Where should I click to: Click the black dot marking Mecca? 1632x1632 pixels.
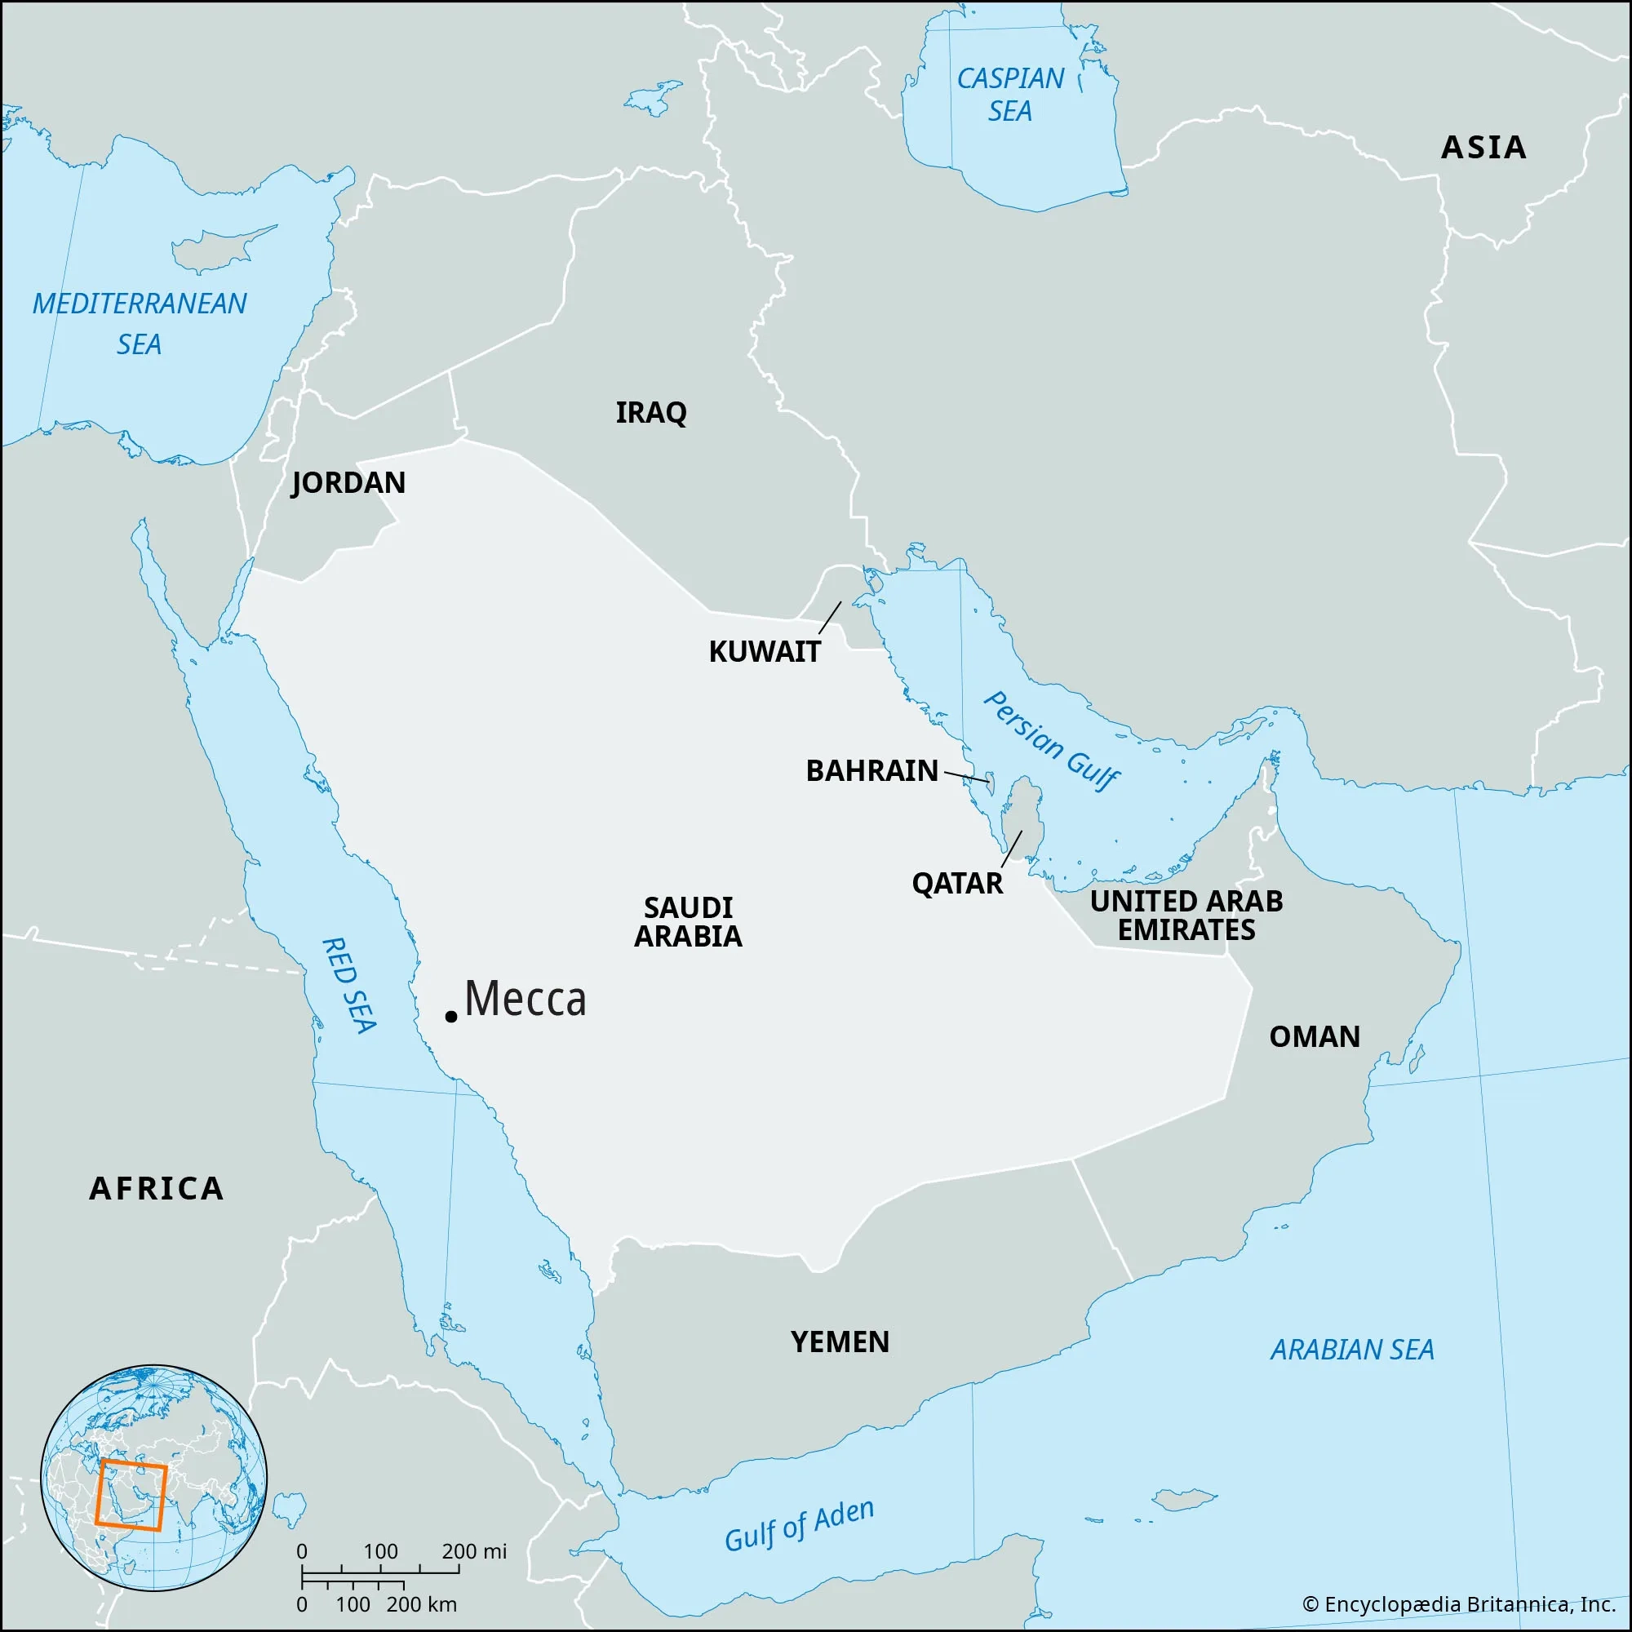(x=451, y=1017)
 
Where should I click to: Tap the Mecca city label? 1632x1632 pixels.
(x=526, y=1000)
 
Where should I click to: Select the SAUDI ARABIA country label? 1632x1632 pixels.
(x=688, y=922)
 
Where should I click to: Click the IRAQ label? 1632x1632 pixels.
(x=650, y=413)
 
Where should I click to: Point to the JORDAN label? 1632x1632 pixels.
(x=348, y=483)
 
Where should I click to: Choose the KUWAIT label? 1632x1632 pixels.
(x=765, y=652)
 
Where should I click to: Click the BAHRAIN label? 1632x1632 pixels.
(x=871, y=771)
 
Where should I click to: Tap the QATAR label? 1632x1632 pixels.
(x=957, y=885)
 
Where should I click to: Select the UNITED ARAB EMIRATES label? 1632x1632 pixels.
(x=1186, y=916)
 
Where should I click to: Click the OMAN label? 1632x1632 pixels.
(x=1315, y=1037)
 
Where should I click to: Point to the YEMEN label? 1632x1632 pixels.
(x=840, y=1342)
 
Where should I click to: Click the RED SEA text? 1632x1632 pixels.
(x=350, y=985)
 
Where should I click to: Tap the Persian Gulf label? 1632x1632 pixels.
(x=1052, y=741)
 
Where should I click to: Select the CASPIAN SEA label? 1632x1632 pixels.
(x=1010, y=95)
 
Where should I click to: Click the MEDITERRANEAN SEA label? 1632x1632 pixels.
(x=140, y=323)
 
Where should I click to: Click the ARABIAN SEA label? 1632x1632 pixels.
(x=1352, y=1350)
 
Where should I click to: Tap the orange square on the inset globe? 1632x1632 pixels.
(x=131, y=1494)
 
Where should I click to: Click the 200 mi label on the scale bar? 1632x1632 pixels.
(x=474, y=1552)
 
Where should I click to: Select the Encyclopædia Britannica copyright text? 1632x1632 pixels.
(x=1459, y=1604)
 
